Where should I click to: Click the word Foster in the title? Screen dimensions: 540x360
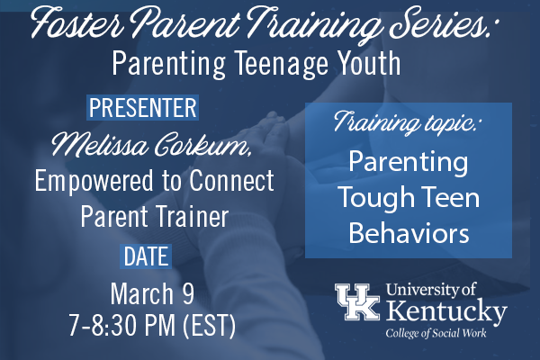pos(78,23)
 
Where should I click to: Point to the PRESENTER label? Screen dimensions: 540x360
pos(142,107)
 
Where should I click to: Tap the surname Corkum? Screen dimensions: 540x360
pos(202,144)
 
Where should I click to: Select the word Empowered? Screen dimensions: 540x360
pos(94,182)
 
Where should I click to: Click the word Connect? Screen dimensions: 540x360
pos(232,180)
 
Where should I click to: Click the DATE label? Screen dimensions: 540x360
pos(146,256)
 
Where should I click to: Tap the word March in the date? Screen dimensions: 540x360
pos(142,294)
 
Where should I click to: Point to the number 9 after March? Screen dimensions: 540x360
pos(188,294)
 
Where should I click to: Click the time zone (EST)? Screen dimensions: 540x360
pos(209,326)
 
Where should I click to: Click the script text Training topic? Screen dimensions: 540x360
pos(407,122)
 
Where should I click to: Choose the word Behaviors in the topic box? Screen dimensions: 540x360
pos(409,232)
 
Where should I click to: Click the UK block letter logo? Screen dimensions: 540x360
pos(357,301)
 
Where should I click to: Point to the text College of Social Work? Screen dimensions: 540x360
pos(436,333)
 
